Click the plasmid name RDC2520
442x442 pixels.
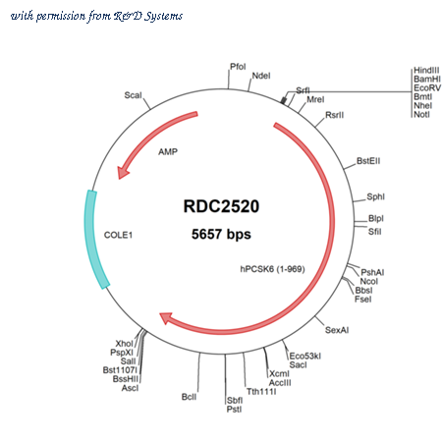tap(221, 206)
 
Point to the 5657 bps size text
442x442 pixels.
tap(221, 235)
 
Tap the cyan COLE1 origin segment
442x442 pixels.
tap(95, 240)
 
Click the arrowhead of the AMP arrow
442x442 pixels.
tap(123, 172)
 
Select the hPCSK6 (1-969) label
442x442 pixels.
tap(272, 269)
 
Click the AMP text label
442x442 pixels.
tap(168, 152)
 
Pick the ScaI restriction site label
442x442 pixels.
tap(133, 95)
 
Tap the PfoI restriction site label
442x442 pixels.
tap(238, 67)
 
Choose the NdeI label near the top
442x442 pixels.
tap(261, 76)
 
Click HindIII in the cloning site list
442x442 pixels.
tap(426, 70)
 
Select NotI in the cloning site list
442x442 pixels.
tap(421, 114)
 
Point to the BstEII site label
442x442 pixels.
tap(368, 161)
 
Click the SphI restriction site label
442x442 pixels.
tap(375, 196)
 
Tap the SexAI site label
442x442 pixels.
tap(337, 330)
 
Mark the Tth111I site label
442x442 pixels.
tap(261, 392)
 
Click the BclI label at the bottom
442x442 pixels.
tap(189, 397)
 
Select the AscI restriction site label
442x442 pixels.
tap(130, 388)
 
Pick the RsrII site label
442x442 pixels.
tap(335, 115)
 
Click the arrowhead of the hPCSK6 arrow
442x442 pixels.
tap(166, 318)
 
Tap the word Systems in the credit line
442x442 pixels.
tap(164, 16)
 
